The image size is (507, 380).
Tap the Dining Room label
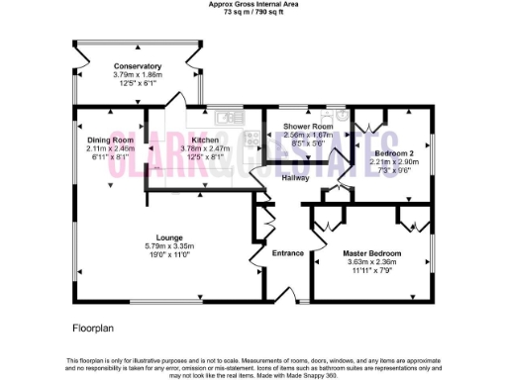[x=110, y=141]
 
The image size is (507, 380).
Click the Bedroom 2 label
[x=394, y=153]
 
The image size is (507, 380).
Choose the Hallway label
[x=295, y=178]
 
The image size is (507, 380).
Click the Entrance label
[x=288, y=253]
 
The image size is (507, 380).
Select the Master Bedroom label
[x=373, y=253]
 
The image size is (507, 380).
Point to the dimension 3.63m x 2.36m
[x=373, y=262]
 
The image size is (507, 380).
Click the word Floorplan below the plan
[x=94, y=325]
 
